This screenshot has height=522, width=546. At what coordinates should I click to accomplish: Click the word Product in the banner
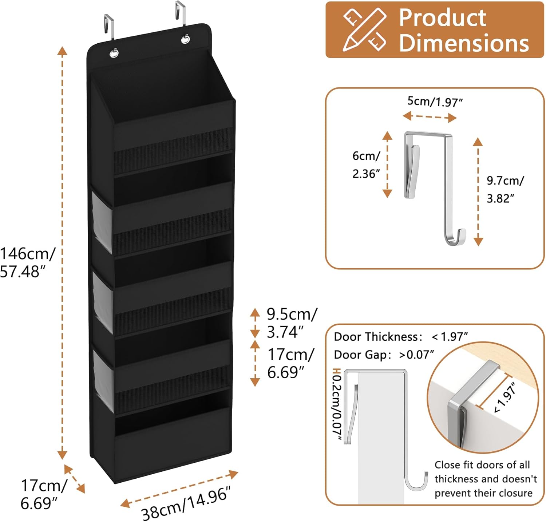click(442, 17)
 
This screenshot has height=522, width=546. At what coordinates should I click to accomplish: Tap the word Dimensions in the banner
click(464, 43)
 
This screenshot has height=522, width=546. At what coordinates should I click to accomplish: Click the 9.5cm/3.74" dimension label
click(292, 323)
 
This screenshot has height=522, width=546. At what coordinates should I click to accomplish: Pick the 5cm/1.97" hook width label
click(435, 102)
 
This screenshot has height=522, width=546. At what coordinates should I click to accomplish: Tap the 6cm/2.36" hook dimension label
click(366, 165)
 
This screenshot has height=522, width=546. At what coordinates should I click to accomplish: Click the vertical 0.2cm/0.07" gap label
click(337, 406)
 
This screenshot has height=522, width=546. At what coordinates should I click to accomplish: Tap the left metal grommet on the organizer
click(114, 53)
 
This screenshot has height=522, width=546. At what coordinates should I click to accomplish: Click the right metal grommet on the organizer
click(185, 39)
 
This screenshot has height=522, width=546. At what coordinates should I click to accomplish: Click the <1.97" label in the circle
click(505, 398)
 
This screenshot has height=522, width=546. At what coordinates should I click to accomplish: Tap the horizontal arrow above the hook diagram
click(430, 117)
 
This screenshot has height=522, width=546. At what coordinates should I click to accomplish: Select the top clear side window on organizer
click(102, 222)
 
